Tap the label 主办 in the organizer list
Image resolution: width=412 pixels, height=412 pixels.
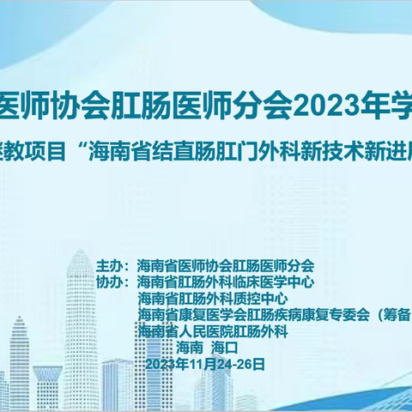coord(111,266)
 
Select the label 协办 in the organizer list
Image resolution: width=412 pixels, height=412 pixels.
coord(111,282)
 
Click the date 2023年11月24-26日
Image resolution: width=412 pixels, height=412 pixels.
coord(206,363)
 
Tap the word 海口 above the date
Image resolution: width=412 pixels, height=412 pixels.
coord(221,347)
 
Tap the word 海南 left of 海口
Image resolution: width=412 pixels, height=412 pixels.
coord(189,347)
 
